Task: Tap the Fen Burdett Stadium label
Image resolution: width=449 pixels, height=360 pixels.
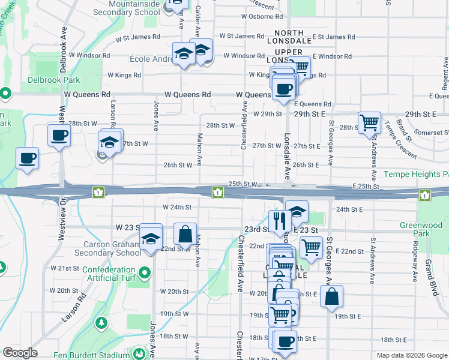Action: point(91,353)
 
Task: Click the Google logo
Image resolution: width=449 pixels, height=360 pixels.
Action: point(20,353)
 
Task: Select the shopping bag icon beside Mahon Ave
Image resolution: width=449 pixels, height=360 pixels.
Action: point(185,235)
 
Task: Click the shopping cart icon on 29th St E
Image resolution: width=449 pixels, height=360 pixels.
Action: point(370,122)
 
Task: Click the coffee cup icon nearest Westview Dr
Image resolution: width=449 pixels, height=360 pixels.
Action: point(59,135)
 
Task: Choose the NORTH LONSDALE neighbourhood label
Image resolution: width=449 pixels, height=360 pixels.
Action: point(293,37)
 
